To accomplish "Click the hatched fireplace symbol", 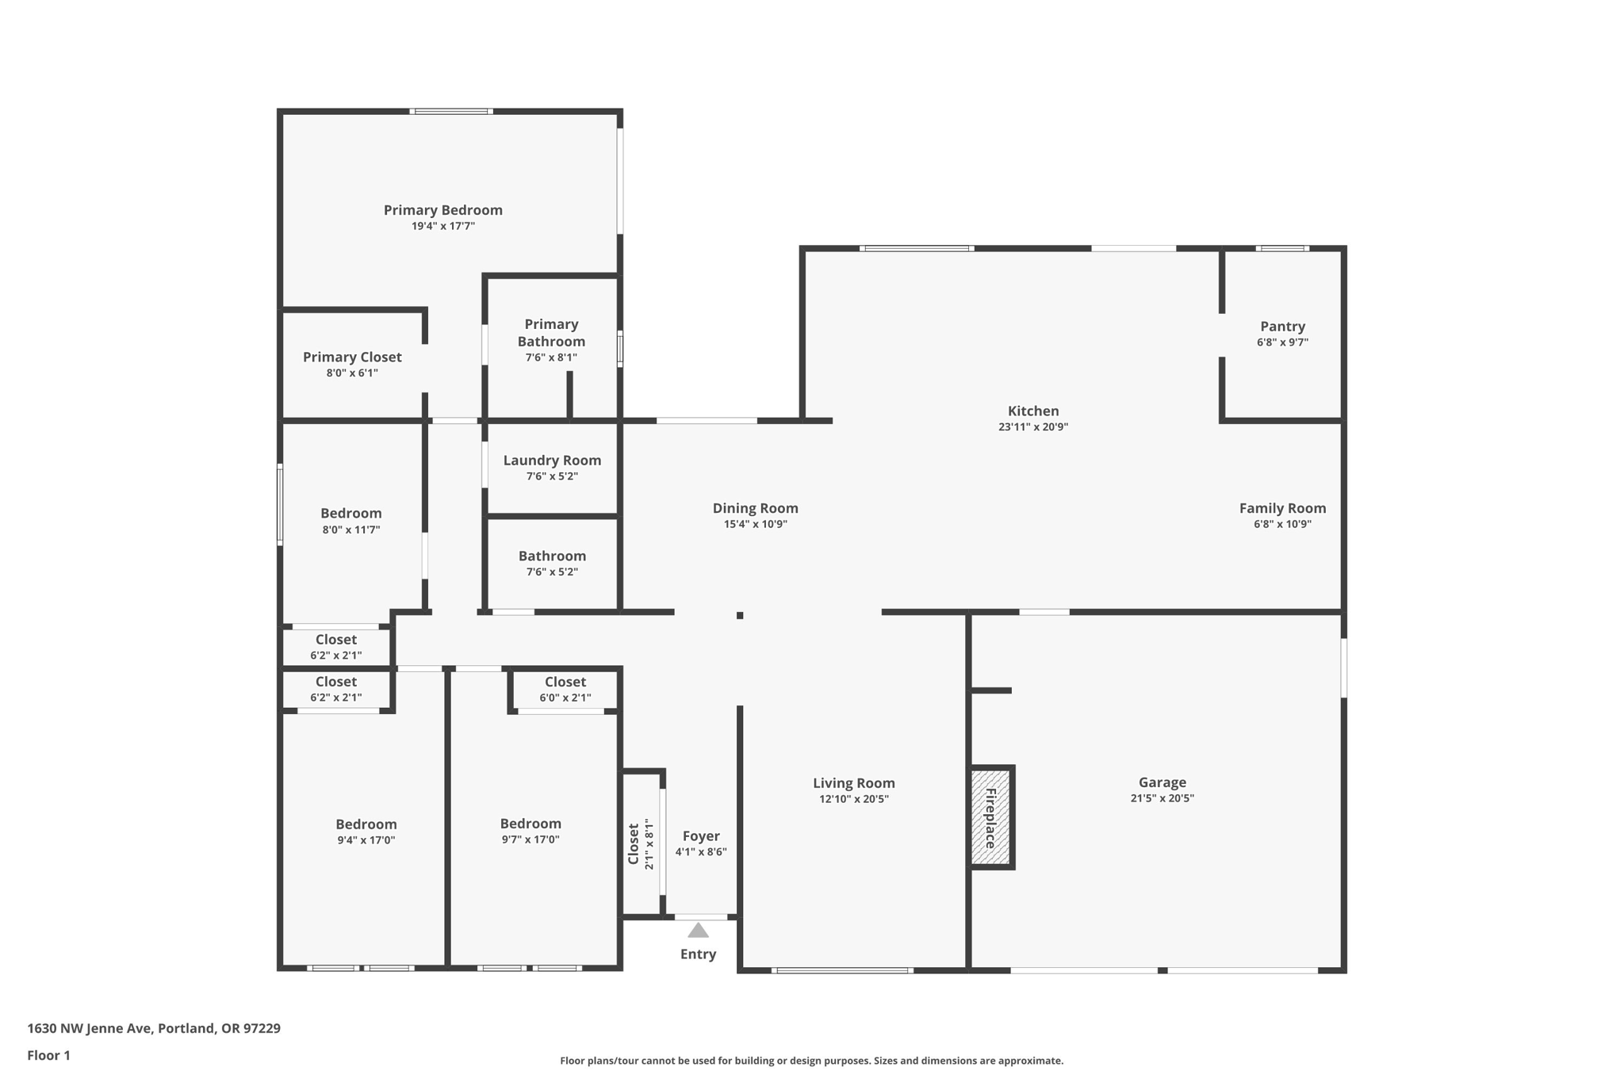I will [991, 817].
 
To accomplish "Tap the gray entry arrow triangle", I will [698, 931].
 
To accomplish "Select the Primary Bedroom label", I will [442, 210].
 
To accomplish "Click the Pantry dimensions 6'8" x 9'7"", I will [1282, 342].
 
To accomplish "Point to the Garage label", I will [1162, 782].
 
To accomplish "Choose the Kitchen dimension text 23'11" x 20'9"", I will [1032, 426].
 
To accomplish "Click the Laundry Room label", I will [552, 461].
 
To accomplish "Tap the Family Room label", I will [1282, 508].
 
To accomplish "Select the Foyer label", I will [701, 836].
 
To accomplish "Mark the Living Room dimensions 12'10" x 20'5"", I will [853, 799].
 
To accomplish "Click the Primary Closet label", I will [352, 357].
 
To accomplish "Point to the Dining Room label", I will [755, 508].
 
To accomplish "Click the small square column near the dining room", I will [740, 615].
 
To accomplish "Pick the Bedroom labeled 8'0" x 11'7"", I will [350, 514].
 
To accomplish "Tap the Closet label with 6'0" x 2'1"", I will [565, 682].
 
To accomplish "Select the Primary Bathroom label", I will [551, 333].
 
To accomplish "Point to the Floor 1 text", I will [48, 1055].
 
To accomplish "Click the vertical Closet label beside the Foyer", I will [634, 844].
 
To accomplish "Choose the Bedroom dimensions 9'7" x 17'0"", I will [530, 839].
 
